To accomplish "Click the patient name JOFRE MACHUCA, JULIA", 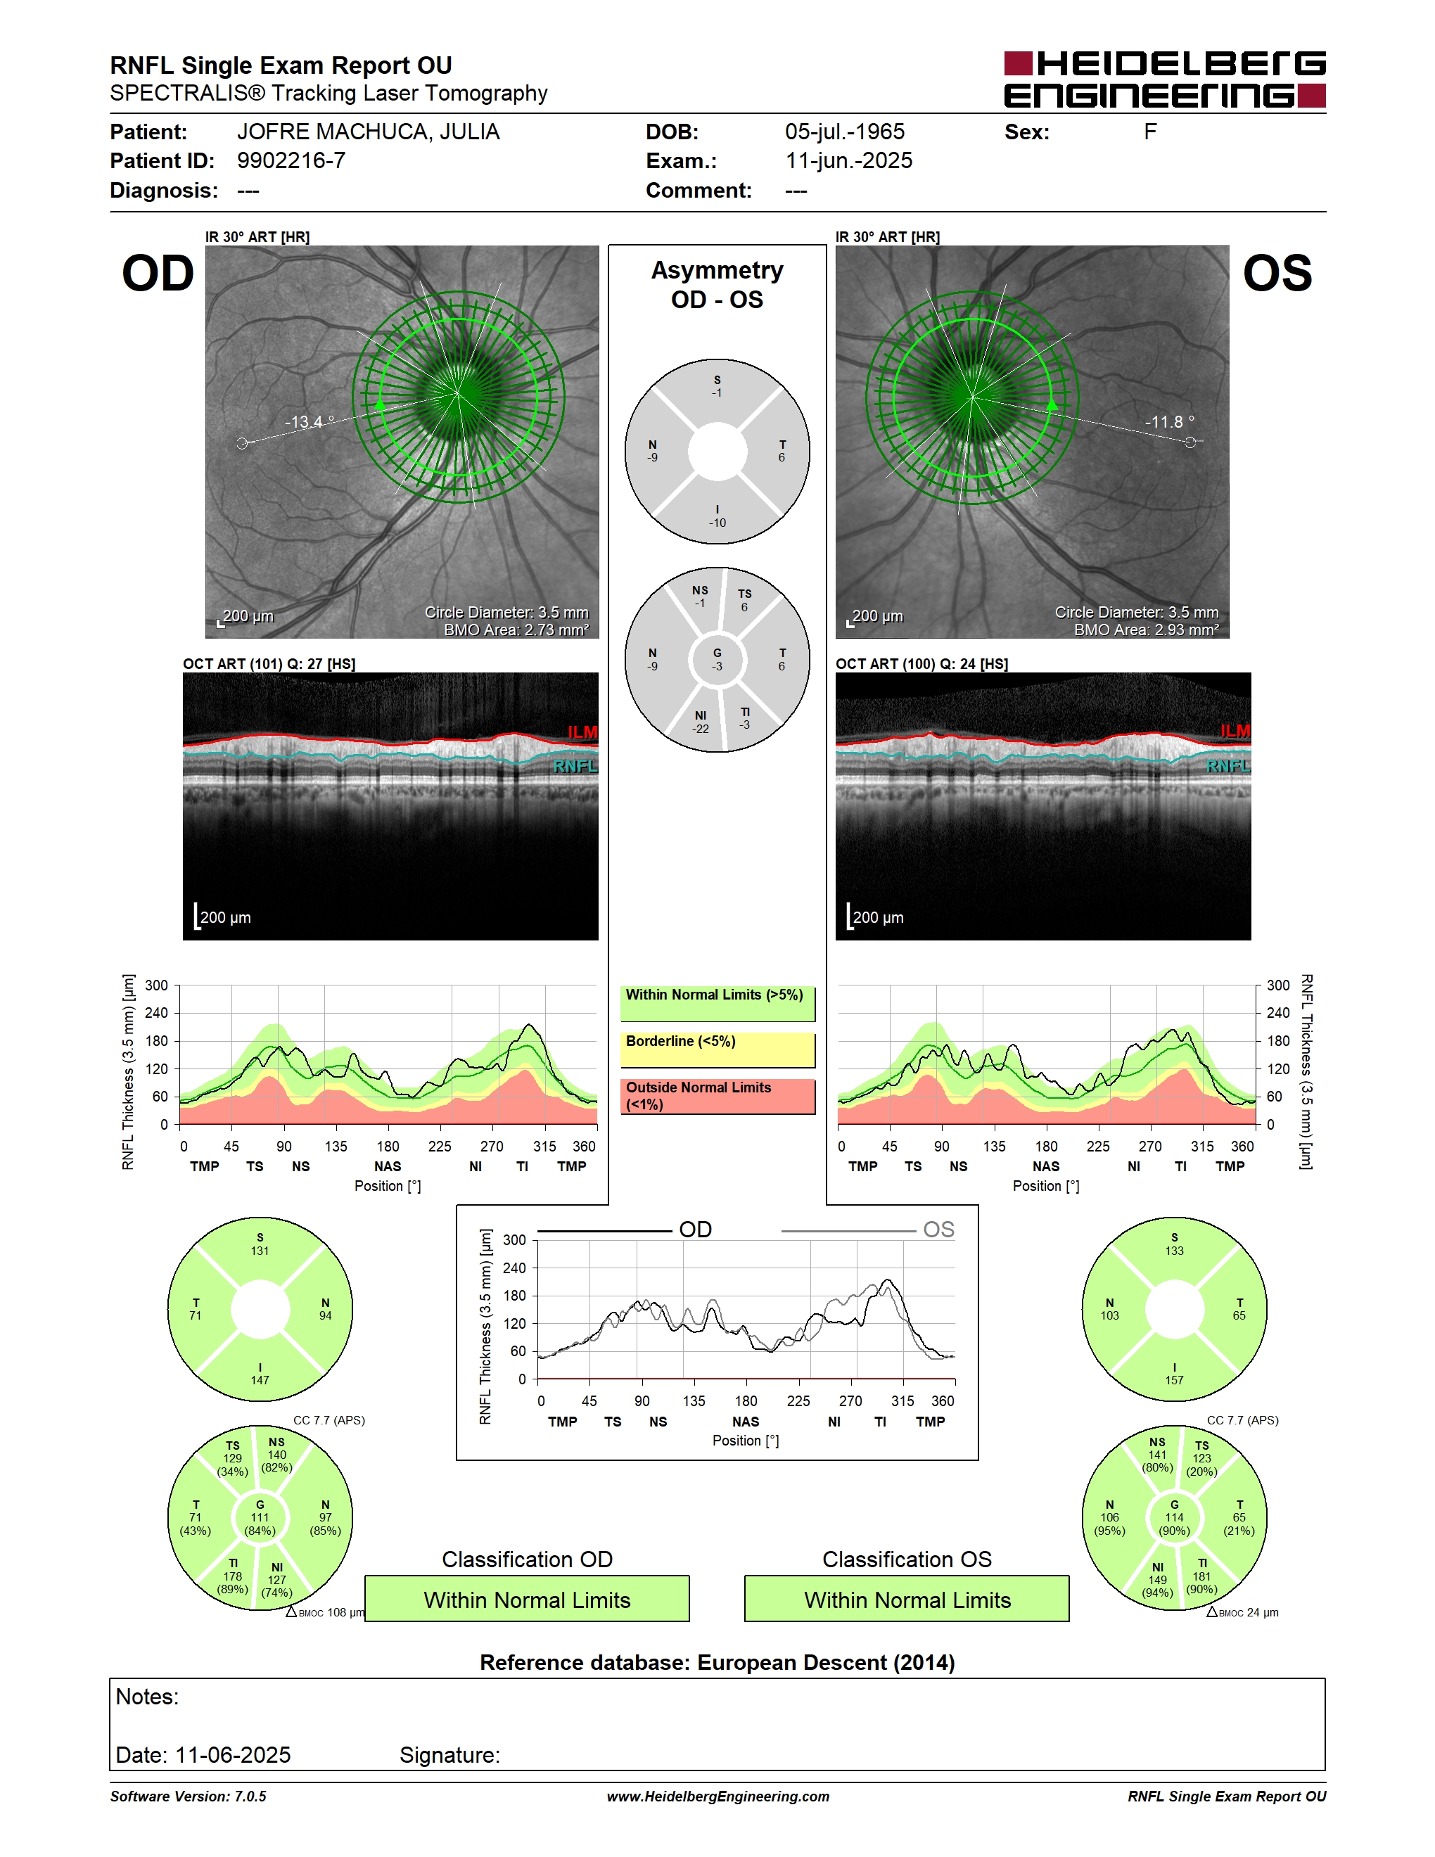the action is pyautogui.click(x=368, y=132).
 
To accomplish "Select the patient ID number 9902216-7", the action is pyautogui.click(x=291, y=160).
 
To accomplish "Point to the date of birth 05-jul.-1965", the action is pyautogui.click(x=844, y=132).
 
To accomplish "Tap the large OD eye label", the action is pyautogui.click(x=158, y=274).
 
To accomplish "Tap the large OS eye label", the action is pyautogui.click(x=1277, y=274).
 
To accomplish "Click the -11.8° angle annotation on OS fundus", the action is pyautogui.click(x=1170, y=422).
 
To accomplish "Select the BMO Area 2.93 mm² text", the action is pyautogui.click(x=1146, y=630).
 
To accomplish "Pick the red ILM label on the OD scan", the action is pyautogui.click(x=582, y=732).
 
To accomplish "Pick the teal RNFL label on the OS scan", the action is pyautogui.click(x=1228, y=766).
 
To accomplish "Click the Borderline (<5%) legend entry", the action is pyautogui.click(x=717, y=1050).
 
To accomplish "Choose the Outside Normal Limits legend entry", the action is pyautogui.click(x=717, y=1097).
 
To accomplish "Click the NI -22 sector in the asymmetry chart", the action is pyautogui.click(x=701, y=722).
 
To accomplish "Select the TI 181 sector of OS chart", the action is pyautogui.click(x=1202, y=1576).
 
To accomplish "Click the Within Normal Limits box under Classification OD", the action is pyautogui.click(x=527, y=1600).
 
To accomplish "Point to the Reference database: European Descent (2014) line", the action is pyautogui.click(x=717, y=1662).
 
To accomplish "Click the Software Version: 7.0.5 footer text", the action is pyautogui.click(x=188, y=1797).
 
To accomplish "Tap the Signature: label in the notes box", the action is pyautogui.click(x=449, y=1755).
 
